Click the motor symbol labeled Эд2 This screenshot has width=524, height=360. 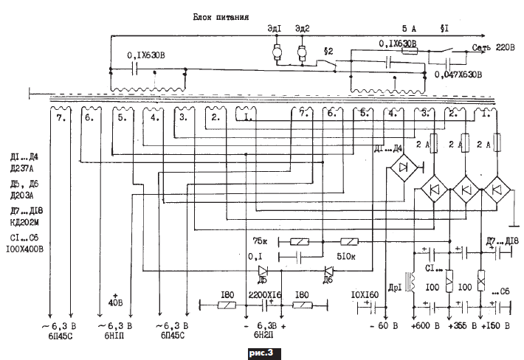pos(302,52)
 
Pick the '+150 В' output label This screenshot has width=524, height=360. pos(495,325)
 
